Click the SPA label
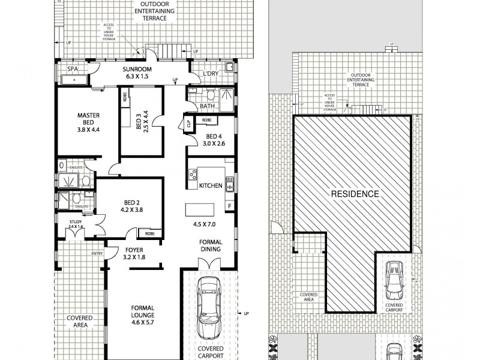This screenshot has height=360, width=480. pos(72,70)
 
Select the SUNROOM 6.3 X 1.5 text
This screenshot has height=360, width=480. pos(137,73)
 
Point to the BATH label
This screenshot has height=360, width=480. pos(207,106)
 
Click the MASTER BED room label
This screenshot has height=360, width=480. pos(88,122)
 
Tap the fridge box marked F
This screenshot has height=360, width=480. pos(229,206)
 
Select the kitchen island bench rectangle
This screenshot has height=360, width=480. pos(200,209)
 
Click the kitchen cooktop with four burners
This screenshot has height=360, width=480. pos(193,175)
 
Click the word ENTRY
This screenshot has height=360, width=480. pos(97,253)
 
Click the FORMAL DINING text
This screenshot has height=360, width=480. pos(211,247)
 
